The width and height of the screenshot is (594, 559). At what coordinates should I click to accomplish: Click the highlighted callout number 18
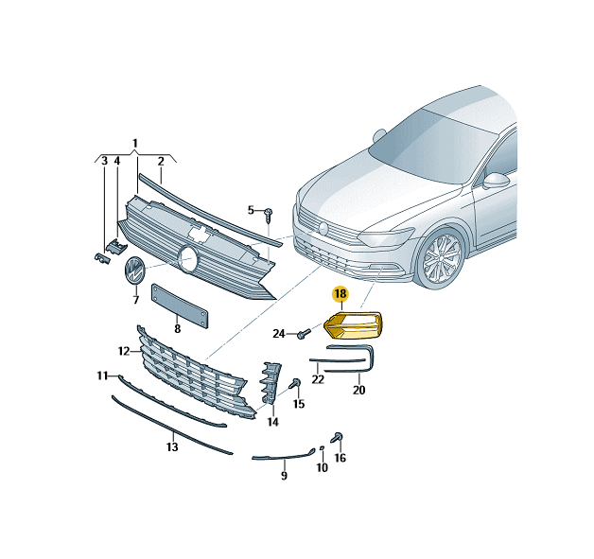341,293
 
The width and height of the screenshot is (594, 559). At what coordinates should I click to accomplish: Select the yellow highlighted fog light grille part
353,325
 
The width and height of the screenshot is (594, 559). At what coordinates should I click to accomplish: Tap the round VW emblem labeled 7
134,270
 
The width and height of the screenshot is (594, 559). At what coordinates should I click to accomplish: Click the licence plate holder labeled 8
180,306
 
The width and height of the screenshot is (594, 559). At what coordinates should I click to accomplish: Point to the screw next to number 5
269,215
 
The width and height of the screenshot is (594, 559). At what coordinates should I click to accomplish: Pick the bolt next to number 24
304,333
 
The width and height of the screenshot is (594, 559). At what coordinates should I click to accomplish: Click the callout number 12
124,352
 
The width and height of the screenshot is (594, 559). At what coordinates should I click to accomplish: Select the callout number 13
172,446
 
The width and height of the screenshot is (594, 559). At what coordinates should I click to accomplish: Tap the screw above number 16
337,437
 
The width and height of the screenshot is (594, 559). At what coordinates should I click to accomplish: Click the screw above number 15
295,383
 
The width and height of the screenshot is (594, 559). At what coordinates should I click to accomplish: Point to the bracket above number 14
271,382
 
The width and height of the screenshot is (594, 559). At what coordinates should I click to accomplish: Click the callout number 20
358,390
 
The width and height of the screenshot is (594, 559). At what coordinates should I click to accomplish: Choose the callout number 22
318,379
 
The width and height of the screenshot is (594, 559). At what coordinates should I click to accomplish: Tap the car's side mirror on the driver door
497,181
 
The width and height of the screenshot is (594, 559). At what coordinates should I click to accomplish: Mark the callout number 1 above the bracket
135,144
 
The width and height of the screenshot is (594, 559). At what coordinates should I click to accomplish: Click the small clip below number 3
102,258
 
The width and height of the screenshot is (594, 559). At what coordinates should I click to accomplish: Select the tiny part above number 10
322,448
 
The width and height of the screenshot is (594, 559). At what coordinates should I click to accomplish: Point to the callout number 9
284,475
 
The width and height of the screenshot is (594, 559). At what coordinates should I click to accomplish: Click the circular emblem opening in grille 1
188,259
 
